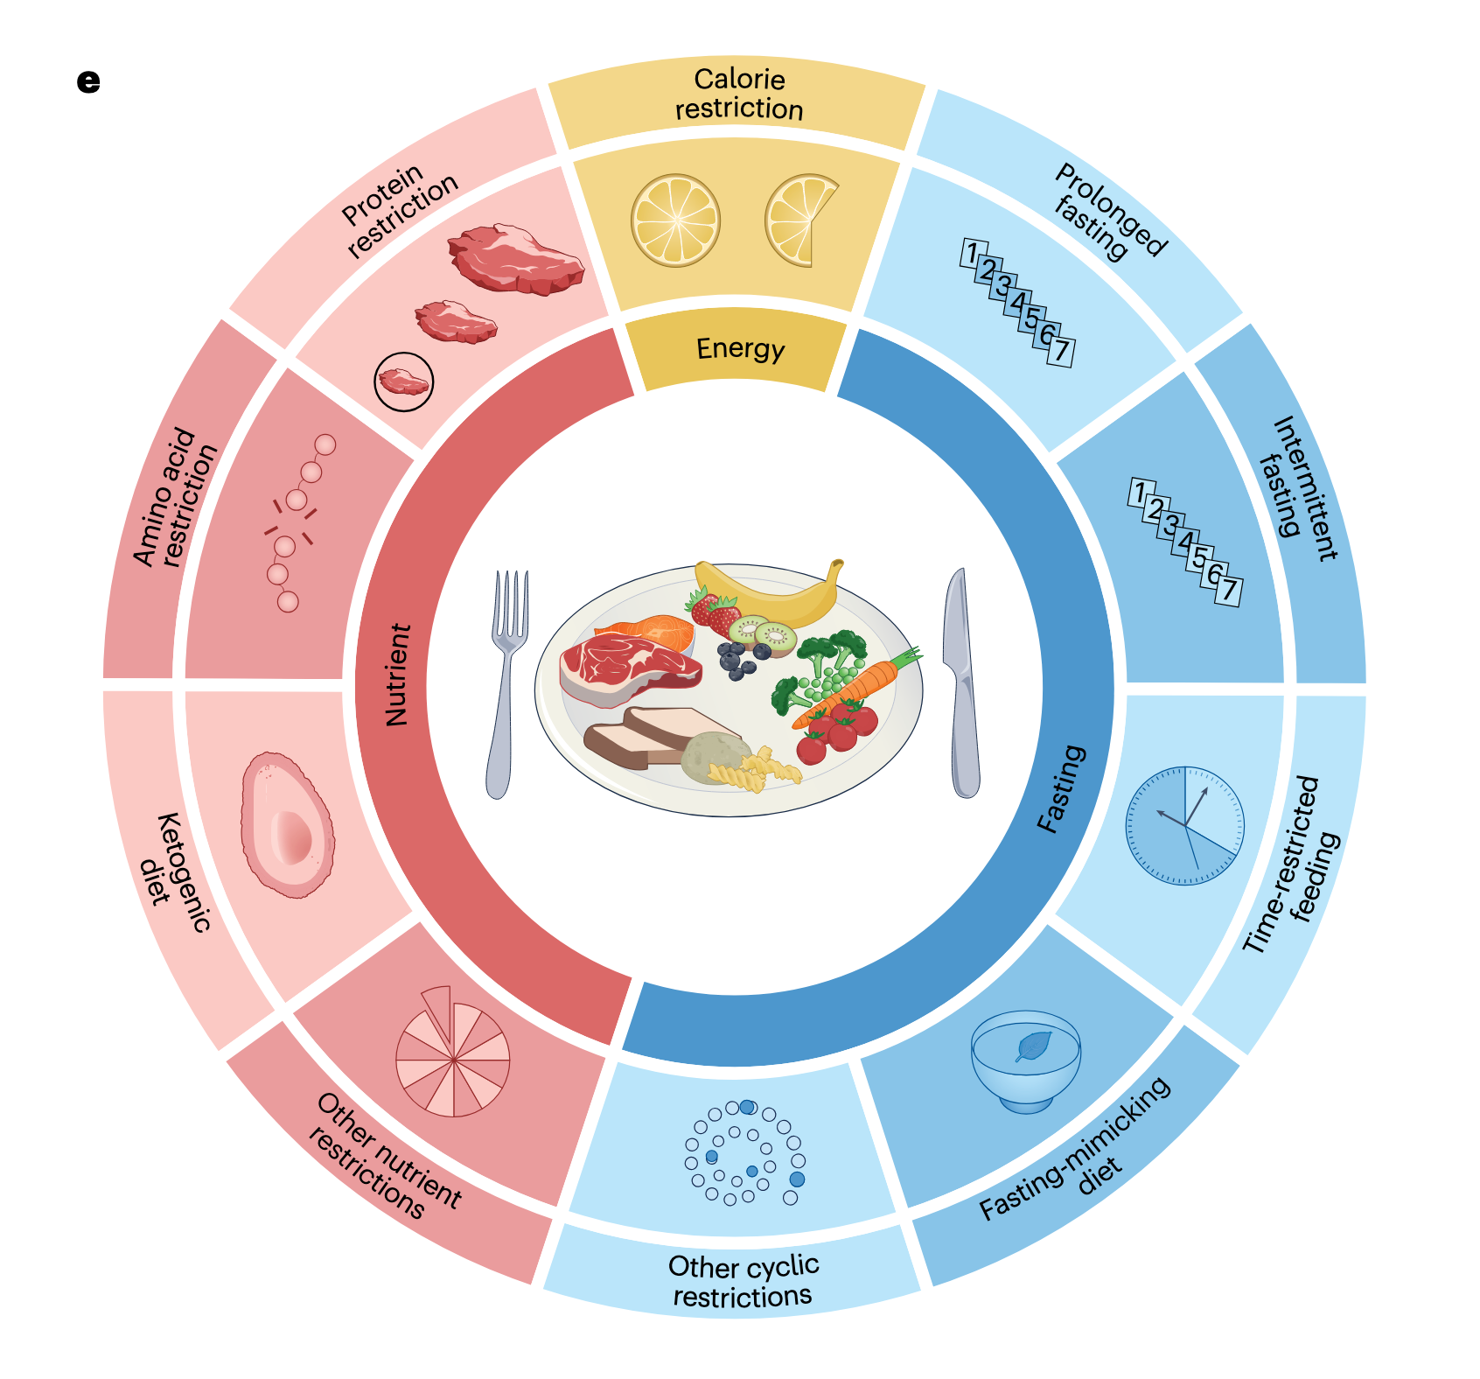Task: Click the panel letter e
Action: tap(88, 81)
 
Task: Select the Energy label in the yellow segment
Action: tap(740, 349)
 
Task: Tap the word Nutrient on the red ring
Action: tap(398, 675)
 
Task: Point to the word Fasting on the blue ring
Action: tap(1061, 789)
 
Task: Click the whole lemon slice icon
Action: tap(675, 220)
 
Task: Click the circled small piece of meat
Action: tap(403, 381)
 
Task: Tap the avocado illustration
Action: tap(287, 824)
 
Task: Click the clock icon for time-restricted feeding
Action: tap(1185, 825)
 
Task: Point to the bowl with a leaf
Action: tap(1026, 1060)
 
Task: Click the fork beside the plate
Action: tap(506, 682)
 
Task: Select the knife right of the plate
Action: tap(962, 682)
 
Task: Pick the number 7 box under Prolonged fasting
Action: tap(1060, 352)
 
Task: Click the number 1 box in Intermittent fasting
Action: tap(1139, 493)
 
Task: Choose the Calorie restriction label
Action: tap(739, 94)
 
